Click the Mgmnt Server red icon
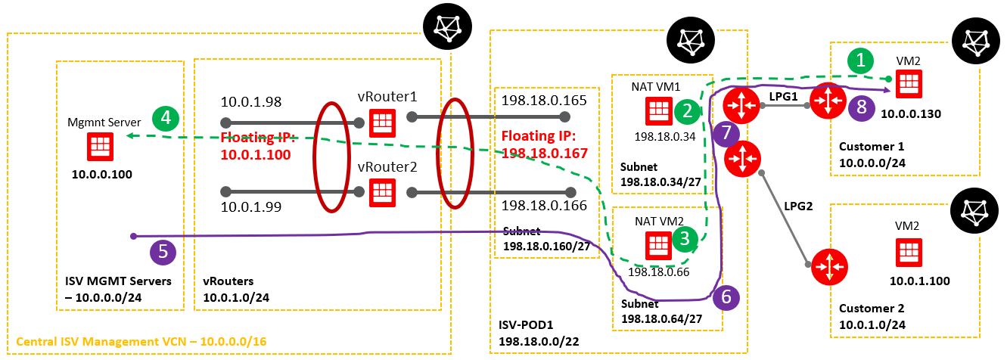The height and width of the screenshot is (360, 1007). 98,145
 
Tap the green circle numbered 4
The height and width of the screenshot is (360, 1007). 165,118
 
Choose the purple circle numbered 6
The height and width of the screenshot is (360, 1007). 726,297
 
